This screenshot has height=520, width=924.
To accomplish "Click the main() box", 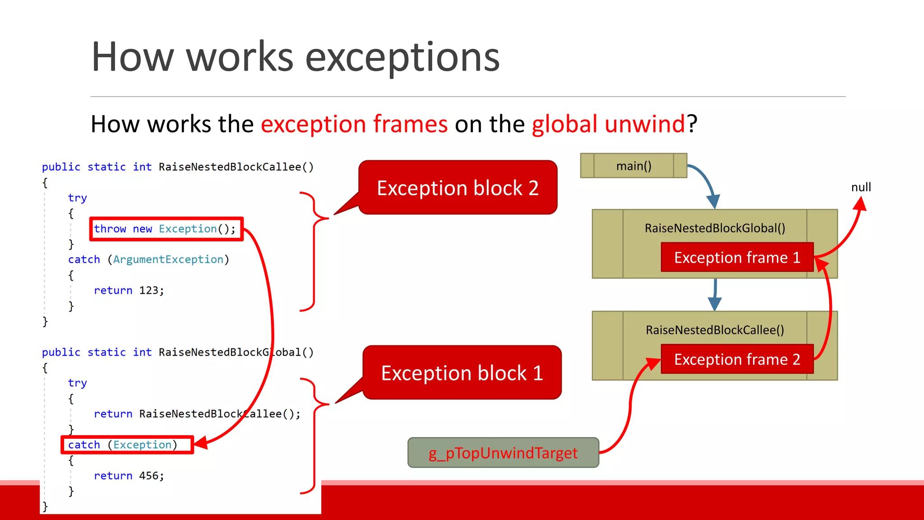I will [633, 166].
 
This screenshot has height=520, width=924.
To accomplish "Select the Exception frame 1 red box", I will [737, 257].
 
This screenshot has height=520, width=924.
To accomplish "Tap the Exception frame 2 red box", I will [737, 359].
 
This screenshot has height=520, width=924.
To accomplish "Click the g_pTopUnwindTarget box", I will [503, 453].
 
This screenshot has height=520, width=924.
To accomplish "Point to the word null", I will [861, 187].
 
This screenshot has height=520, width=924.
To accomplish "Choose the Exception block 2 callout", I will [457, 188].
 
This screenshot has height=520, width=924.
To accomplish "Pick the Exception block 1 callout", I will [462, 373].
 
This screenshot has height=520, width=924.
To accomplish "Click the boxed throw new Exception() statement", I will [166, 229].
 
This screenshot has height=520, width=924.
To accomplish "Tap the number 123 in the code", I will [148, 290].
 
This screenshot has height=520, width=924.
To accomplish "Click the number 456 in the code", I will [148, 476].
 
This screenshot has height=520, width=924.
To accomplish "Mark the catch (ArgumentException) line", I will [148, 260].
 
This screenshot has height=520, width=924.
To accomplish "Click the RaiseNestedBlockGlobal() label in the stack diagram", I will [715, 228].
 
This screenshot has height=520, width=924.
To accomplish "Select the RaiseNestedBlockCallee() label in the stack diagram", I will [715, 330].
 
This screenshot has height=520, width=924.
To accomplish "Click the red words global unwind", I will [608, 124].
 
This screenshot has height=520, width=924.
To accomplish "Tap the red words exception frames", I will [354, 124].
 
